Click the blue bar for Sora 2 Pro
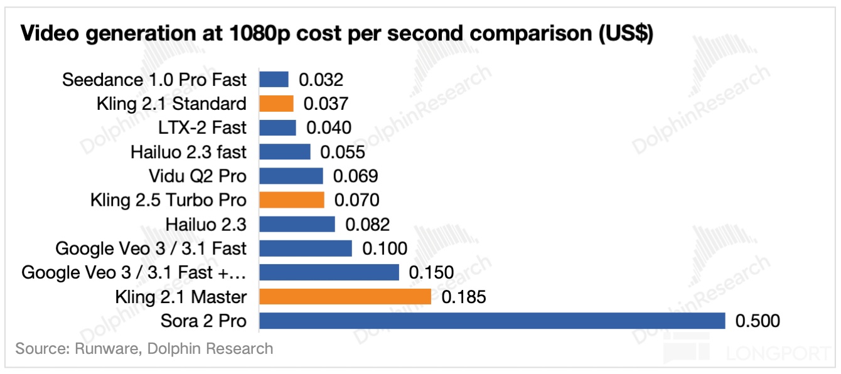tap(492, 321)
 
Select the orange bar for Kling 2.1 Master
tap(345, 296)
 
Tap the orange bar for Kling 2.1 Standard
tap(276, 104)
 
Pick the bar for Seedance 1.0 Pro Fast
tap(274, 80)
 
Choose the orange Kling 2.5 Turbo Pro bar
tap(291, 200)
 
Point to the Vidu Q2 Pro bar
tap(291, 176)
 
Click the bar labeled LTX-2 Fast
tap(277, 127)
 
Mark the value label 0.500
tap(758, 321)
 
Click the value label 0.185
tap(464, 297)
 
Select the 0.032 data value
tap(321, 80)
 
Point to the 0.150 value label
tap(431, 273)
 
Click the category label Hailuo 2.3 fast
tap(189, 152)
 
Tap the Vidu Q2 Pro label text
tap(198, 176)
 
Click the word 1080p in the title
tap(238, 35)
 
